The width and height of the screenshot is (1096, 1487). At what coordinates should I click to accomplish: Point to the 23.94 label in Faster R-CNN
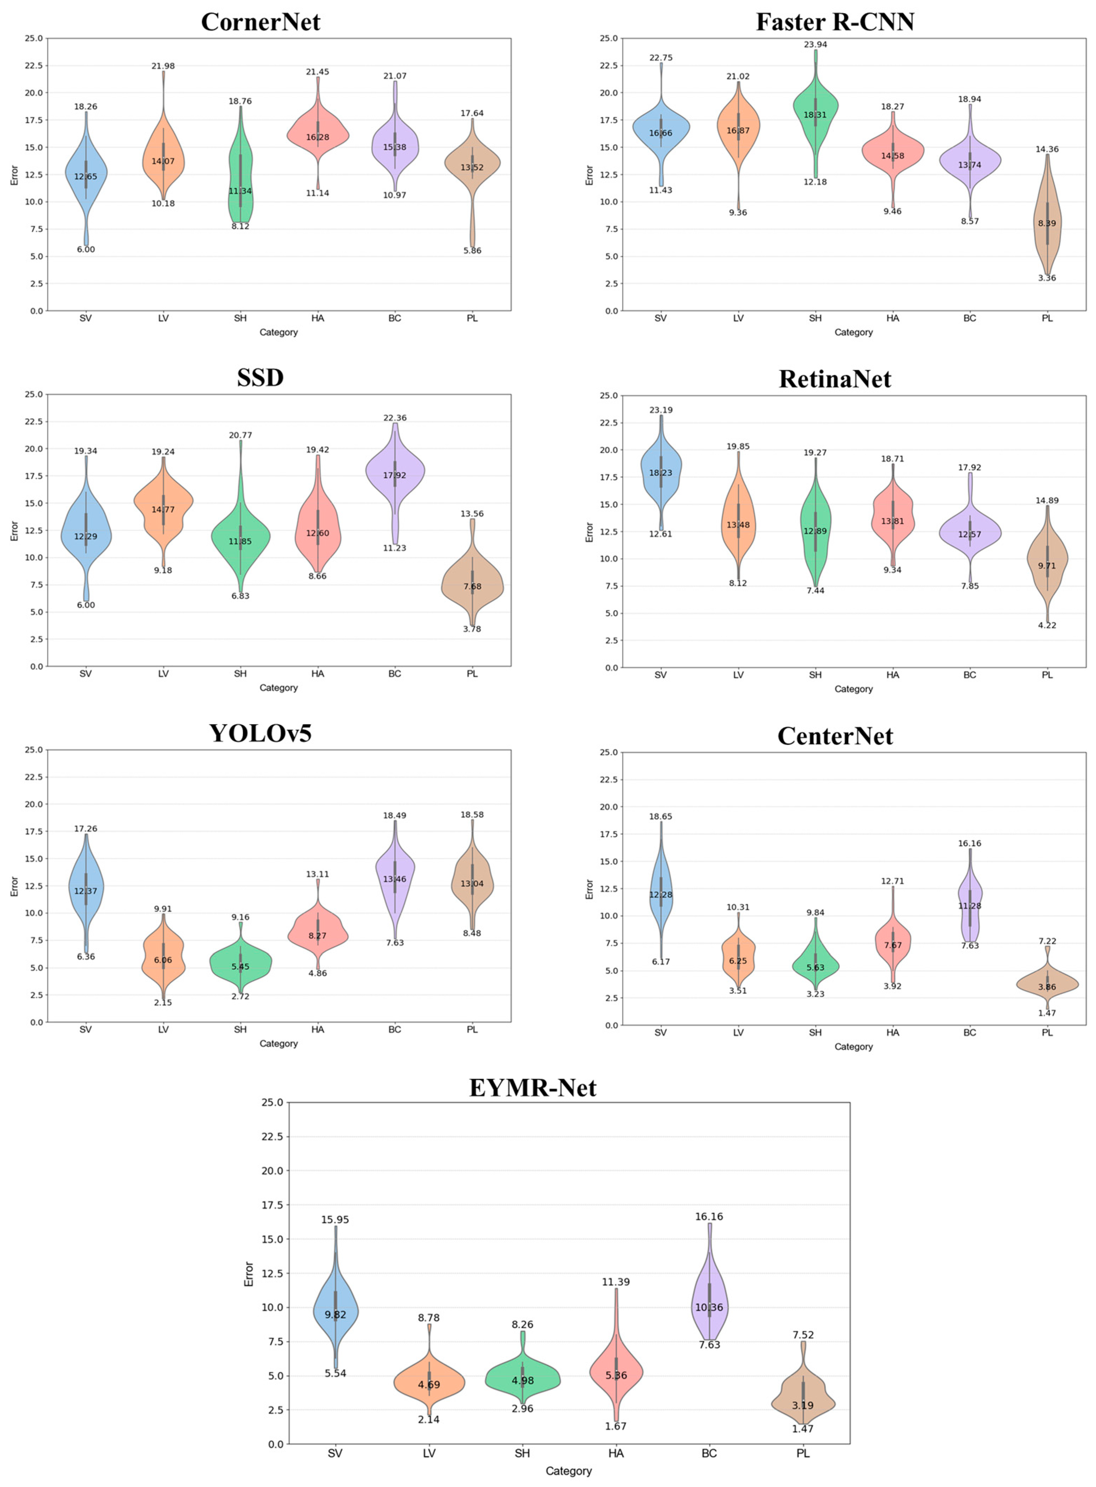pos(815,44)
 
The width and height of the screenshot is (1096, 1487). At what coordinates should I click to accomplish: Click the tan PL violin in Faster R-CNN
pos(1047,219)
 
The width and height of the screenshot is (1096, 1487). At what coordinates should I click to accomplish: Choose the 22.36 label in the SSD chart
pos(395,418)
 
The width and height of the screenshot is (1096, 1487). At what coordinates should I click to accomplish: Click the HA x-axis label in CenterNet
pos(892,1033)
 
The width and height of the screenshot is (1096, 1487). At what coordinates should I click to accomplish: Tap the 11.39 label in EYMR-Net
pos(616,1282)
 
